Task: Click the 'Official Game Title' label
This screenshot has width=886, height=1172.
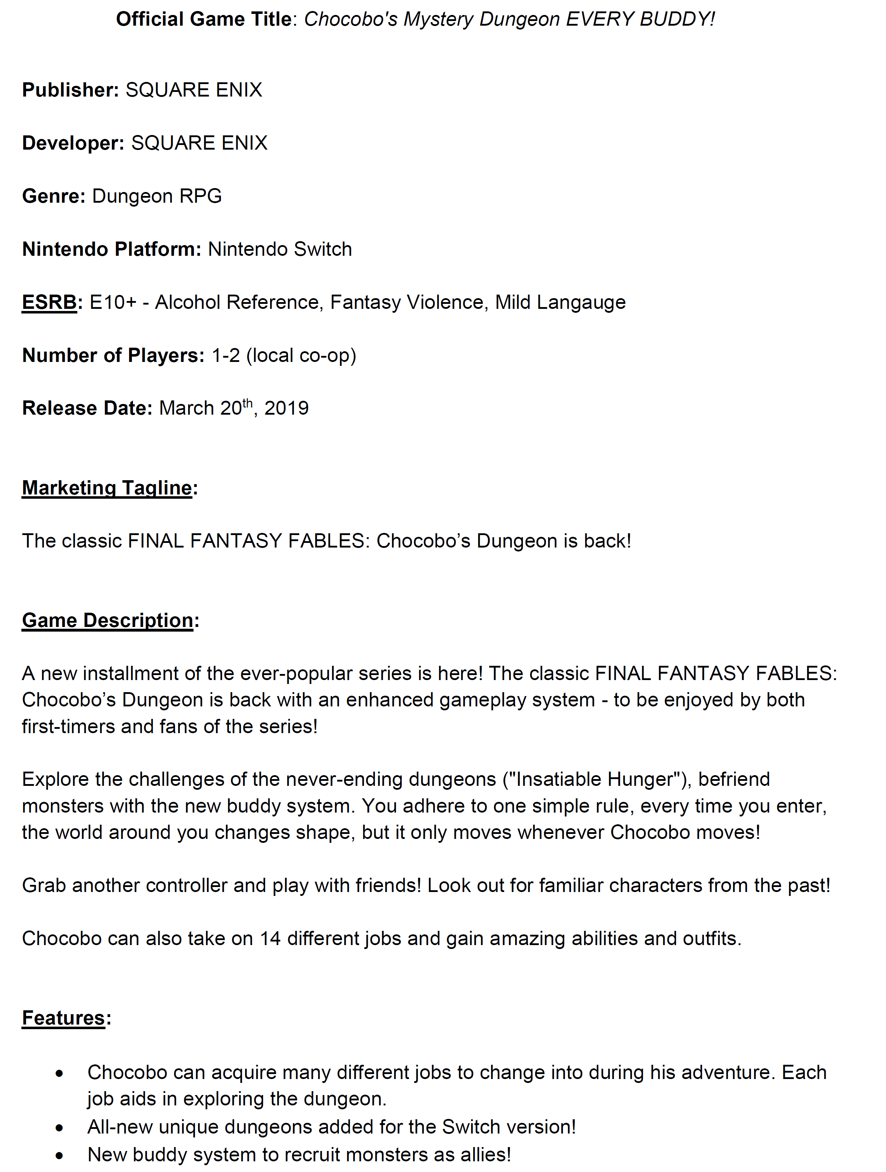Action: click(x=203, y=20)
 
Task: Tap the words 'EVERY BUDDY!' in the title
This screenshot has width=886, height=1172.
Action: click(x=640, y=20)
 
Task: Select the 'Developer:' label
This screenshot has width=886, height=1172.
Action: click(x=73, y=143)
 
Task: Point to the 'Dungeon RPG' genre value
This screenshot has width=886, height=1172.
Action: click(x=157, y=196)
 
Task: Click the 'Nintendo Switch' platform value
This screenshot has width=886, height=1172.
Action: click(x=279, y=249)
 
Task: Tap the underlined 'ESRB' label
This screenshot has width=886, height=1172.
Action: click(x=49, y=302)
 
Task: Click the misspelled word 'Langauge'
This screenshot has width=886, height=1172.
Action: click(x=581, y=302)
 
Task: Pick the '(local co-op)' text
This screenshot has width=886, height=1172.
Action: click(x=301, y=355)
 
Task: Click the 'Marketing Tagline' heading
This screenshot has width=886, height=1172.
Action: click(x=107, y=488)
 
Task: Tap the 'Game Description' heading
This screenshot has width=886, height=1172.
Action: click(x=108, y=621)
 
